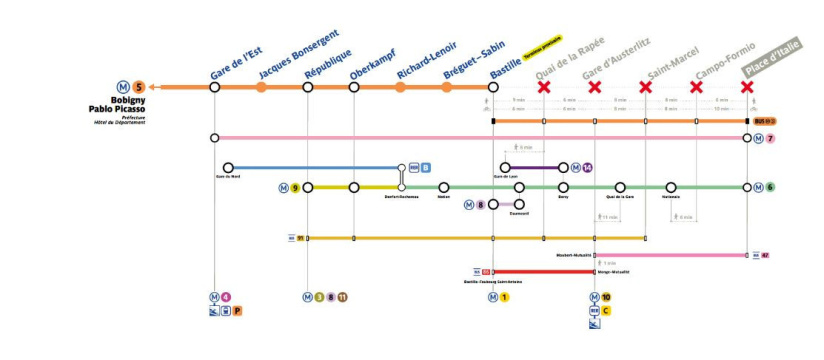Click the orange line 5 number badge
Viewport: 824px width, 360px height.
click(x=138, y=87)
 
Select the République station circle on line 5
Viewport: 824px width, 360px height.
click(x=308, y=87)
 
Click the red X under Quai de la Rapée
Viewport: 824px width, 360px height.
click(x=544, y=87)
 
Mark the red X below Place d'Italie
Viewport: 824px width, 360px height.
click(x=747, y=87)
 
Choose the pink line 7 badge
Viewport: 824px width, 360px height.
click(x=771, y=137)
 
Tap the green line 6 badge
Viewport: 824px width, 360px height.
click(x=770, y=187)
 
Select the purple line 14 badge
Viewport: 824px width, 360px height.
click(x=587, y=167)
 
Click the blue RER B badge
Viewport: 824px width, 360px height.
click(x=425, y=168)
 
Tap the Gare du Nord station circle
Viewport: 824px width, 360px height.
click(x=228, y=167)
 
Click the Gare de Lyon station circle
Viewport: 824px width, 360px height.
click(x=506, y=167)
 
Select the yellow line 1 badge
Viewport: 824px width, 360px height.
click(x=505, y=297)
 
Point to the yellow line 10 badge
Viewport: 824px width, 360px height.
click(x=606, y=297)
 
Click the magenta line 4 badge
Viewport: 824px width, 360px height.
click(x=226, y=297)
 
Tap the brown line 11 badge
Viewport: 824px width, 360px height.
click(x=343, y=297)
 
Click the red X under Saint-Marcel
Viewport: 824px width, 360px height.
click(x=646, y=87)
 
